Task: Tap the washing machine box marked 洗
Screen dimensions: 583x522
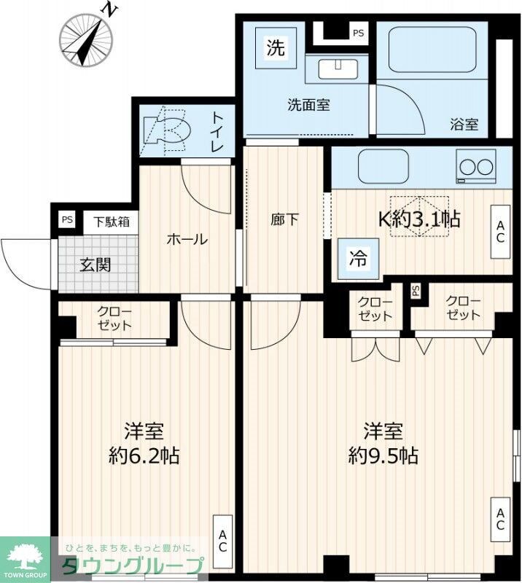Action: click(275, 49)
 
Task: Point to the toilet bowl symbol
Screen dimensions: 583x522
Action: click(168, 131)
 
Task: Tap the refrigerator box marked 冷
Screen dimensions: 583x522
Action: click(358, 257)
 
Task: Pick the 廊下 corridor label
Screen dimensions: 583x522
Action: click(284, 219)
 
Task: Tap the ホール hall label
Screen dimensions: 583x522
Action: click(187, 239)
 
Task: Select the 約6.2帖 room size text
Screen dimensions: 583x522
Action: click(144, 455)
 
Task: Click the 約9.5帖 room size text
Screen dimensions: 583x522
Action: click(383, 455)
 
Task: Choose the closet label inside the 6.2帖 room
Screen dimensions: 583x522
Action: click(114, 318)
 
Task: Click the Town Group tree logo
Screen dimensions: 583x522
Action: click(25, 557)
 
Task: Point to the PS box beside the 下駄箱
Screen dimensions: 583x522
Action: click(67, 220)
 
